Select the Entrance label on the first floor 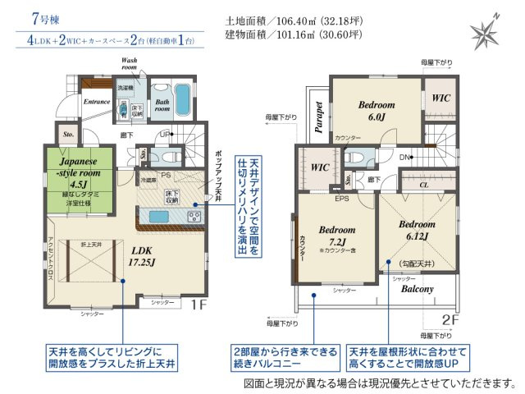(x=97, y=101)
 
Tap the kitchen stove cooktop (x=194, y=216)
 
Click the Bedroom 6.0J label (x=377, y=111)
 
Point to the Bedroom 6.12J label (x=417, y=229)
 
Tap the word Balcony (x=418, y=290)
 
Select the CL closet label (x=423, y=185)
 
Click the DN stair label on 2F (x=405, y=158)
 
